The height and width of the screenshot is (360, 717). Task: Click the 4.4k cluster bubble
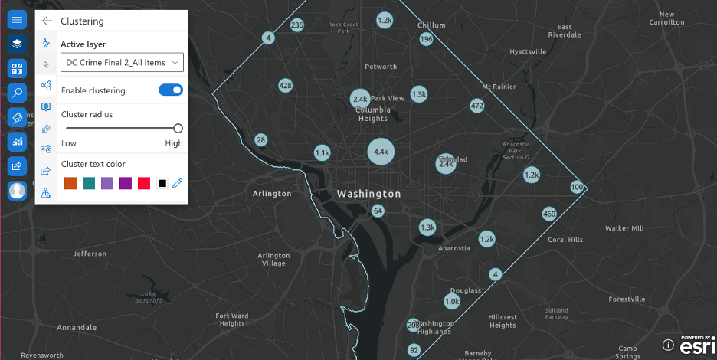coord(381,152)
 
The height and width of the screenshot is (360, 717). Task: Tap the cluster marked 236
coord(297,25)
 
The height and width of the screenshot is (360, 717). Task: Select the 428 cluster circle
coord(285,85)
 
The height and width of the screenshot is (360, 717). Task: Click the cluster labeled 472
coord(477,106)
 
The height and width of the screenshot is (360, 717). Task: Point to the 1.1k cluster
coord(322,153)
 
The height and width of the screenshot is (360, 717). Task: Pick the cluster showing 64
coord(378,211)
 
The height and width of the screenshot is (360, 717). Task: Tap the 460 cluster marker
coord(548,214)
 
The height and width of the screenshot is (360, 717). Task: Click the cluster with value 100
coord(577,188)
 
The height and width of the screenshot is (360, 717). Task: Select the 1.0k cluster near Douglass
coord(452,302)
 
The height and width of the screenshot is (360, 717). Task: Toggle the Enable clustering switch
coord(171,90)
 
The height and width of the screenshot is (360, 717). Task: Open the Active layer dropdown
coord(123,62)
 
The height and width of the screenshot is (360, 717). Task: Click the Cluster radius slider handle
coord(178,129)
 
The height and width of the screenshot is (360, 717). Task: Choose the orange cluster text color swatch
coord(69,183)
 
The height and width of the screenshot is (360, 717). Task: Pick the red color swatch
coord(143,183)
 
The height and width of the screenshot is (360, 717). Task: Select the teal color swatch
coord(88,183)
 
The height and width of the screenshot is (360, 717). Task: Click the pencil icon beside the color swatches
coord(178,183)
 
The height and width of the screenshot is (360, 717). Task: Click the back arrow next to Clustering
coord(47,21)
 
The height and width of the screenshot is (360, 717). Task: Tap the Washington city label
coord(368,194)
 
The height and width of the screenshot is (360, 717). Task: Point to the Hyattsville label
coord(528,51)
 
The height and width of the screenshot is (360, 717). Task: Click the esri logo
coord(696,345)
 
